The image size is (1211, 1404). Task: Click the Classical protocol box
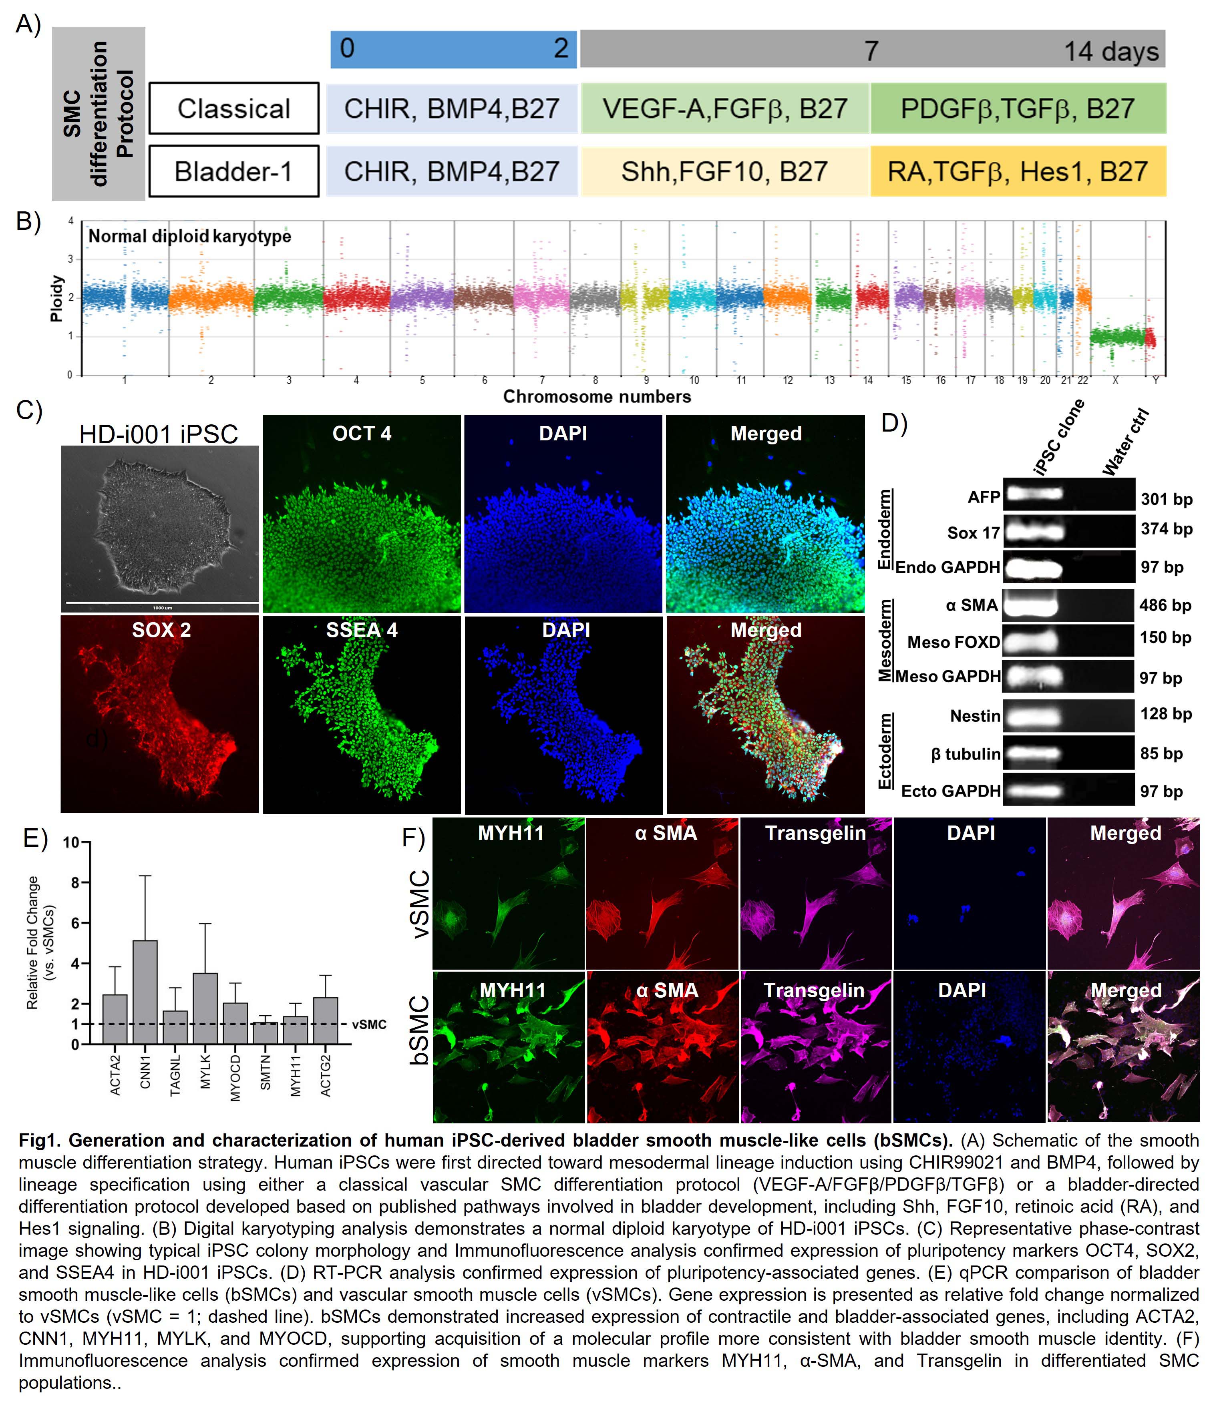234,108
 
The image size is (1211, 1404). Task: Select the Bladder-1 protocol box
234,171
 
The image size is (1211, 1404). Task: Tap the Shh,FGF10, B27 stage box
724,171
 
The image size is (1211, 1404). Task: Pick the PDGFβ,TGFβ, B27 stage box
1018,108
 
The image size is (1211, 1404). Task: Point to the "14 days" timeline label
1111,52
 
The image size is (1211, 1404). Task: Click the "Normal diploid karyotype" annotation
190,237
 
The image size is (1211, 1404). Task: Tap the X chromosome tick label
1115,381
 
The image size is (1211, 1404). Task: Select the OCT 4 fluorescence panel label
362,434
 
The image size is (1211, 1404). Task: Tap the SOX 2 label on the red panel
161,630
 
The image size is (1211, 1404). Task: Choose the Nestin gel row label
975,716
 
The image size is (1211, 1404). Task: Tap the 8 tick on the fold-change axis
75,883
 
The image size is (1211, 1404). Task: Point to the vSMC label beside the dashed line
369,1024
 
